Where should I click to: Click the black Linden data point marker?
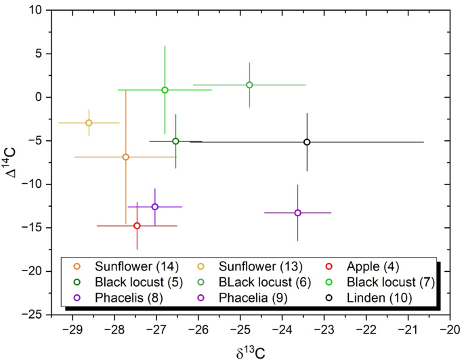pyautogui.click(x=307, y=142)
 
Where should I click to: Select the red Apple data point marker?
pyautogui.click(x=137, y=226)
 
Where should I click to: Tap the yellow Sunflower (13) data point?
pyautogui.click(x=89, y=123)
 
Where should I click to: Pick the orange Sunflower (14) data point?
pyautogui.click(x=125, y=157)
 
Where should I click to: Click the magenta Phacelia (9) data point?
pyautogui.click(x=297, y=213)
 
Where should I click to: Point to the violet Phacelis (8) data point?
pyautogui.click(x=155, y=207)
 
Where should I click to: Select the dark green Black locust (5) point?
pyautogui.click(x=175, y=141)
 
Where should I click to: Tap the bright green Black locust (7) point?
pyautogui.click(x=165, y=89)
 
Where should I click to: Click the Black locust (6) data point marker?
pyautogui.click(x=249, y=85)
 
